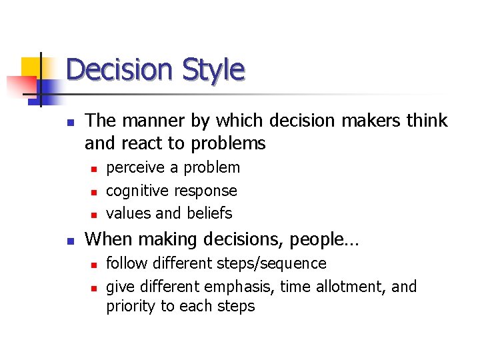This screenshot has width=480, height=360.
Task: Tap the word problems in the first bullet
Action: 227,143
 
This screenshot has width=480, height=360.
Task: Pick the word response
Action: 205,191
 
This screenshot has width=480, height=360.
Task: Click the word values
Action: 129,213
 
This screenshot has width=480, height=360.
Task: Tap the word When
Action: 105,239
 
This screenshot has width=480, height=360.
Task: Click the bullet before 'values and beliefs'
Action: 95,214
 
